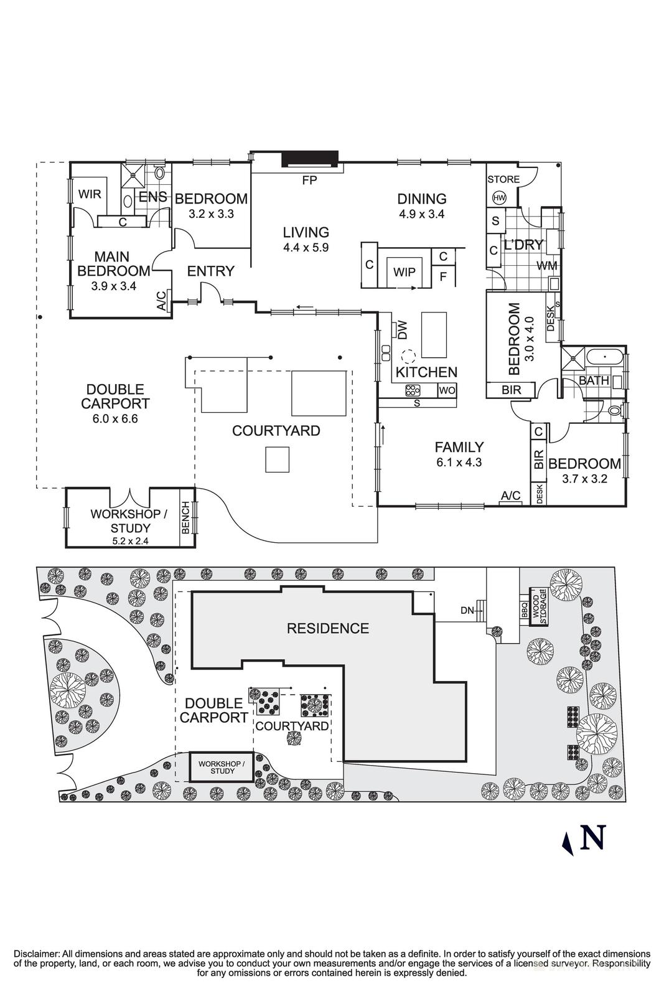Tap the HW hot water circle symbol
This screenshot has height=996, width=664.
pyautogui.click(x=498, y=198)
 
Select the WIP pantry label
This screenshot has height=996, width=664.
pyautogui.click(x=404, y=272)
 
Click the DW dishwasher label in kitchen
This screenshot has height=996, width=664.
pyautogui.click(x=402, y=330)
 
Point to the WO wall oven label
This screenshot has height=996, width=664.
pyautogui.click(x=447, y=391)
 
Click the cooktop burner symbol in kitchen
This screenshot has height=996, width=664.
pyautogui.click(x=413, y=391)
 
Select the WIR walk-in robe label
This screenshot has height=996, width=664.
pyautogui.click(x=90, y=194)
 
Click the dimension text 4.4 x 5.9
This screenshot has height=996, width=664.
pyautogui.click(x=306, y=247)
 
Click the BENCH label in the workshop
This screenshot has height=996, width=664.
pyautogui.click(x=185, y=518)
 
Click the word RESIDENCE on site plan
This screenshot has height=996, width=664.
pyautogui.click(x=328, y=628)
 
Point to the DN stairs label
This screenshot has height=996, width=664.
pyautogui.click(x=467, y=611)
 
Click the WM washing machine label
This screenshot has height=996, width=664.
pyautogui.click(x=546, y=266)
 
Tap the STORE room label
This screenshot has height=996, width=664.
pyautogui.click(x=503, y=179)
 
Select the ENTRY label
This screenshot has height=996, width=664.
pyautogui.click(x=210, y=271)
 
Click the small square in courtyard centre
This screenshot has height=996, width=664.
pyautogui.click(x=277, y=459)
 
